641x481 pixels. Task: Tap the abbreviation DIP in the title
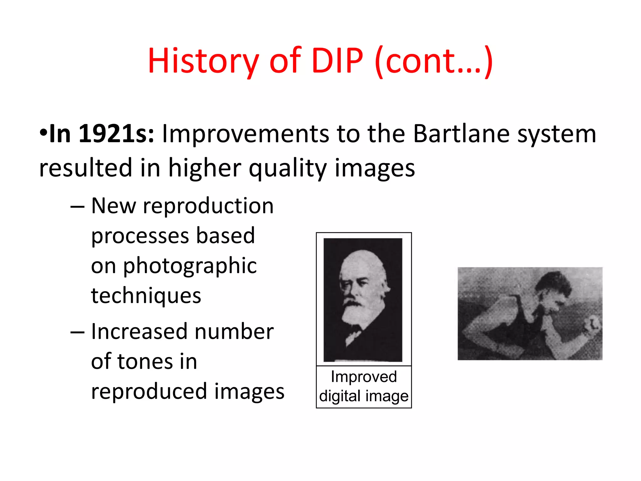point(337,61)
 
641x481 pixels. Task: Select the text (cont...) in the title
point(434,61)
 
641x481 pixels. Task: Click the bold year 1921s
point(116,134)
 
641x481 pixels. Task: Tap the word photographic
point(190,266)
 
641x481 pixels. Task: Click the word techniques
point(146,296)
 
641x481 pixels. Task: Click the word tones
point(146,361)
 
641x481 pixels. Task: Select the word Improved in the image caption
point(364,377)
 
